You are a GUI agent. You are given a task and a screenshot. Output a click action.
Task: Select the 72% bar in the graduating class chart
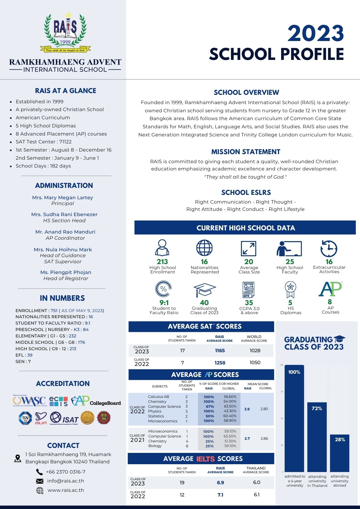[x=317, y=436]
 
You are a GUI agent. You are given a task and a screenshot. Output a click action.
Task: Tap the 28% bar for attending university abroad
[x=340, y=453]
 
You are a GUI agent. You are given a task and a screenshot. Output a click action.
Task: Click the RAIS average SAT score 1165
[x=220, y=351]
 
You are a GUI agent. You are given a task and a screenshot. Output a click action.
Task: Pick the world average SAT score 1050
[x=255, y=363]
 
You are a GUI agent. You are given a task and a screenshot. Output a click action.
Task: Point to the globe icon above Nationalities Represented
[x=204, y=248]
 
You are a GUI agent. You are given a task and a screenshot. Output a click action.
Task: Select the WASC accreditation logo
[x=30, y=401]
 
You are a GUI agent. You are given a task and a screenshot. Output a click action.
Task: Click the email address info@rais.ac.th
[x=65, y=481]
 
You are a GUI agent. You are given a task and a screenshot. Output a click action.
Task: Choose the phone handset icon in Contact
[x=39, y=472]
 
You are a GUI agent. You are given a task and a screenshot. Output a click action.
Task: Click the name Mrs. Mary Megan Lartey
[x=63, y=197]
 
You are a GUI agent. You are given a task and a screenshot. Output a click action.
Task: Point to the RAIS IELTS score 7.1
[x=220, y=495]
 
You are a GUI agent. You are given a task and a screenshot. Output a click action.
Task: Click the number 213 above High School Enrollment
[x=162, y=261]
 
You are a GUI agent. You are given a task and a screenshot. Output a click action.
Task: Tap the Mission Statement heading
[x=246, y=152]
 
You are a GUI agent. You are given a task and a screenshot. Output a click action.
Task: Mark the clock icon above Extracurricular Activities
[x=329, y=249]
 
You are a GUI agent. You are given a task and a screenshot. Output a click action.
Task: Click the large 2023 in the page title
[x=316, y=33]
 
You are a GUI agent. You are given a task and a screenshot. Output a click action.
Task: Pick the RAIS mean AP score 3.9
[x=247, y=409]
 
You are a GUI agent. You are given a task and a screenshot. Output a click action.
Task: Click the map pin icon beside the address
[x=18, y=458]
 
